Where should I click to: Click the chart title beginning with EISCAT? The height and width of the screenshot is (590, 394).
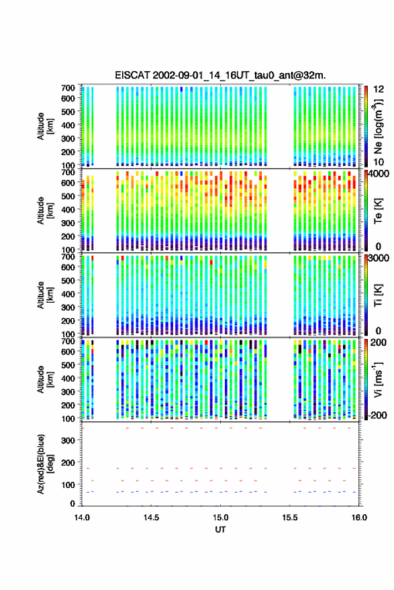(x=220, y=75)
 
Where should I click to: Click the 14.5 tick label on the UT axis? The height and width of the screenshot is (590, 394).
(x=151, y=518)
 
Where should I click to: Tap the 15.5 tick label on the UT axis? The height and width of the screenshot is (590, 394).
(x=289, y=518)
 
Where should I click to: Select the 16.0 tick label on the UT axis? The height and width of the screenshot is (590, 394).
(x=359, y=518)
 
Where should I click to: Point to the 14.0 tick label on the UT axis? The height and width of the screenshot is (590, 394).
(x=82, y=518)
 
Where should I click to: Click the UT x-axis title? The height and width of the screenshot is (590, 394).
(x=220, y=530)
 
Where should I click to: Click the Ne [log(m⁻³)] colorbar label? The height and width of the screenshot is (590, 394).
(x=379, y=126)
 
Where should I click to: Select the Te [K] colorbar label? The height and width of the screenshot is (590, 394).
(x=378, y=211)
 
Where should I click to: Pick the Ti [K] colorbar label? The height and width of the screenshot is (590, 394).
(x=378, y=295)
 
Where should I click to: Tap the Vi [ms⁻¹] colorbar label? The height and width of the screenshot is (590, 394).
(x=378, y=379)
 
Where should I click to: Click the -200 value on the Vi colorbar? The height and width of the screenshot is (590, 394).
(x=377, y=415)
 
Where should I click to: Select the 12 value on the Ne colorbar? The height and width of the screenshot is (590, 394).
(x=379, y=89)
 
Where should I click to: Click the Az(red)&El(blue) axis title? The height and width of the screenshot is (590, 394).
(x=45, y=464)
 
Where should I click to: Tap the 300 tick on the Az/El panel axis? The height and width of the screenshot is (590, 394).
(x=68, y=440)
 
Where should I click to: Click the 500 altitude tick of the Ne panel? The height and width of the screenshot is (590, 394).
(x=68, y=111)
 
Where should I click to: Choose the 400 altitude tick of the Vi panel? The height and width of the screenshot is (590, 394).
(x=68, y=379)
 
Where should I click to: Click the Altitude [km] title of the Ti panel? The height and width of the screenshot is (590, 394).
(x=45, y=295)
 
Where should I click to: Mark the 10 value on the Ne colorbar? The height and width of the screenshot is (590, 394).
(x=379, y=162)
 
